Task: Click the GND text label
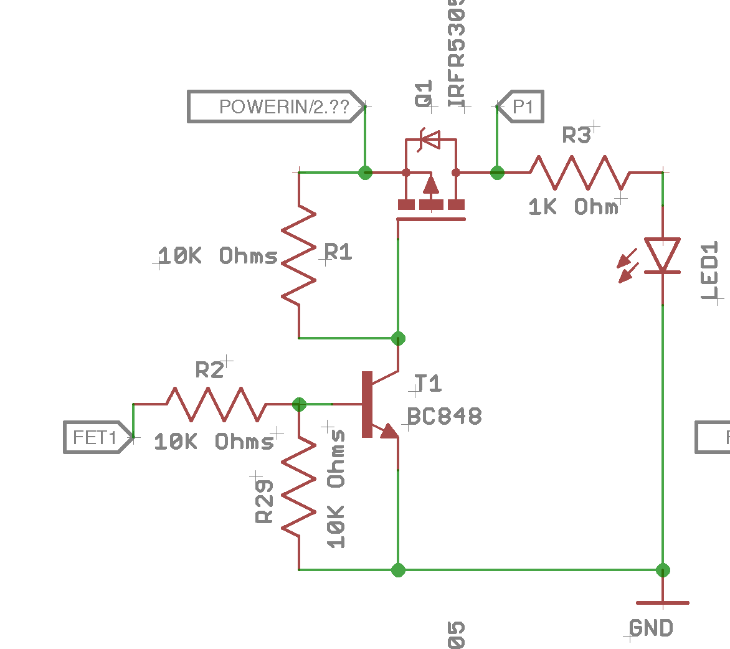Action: pyautogui.click(x=651, y=628)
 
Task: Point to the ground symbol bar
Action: pyautogui.click(x=662, y=603)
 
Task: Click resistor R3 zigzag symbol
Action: pyautogui.click(x=580, y=173)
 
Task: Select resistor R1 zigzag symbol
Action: pyautogui.click(x=299, y=255)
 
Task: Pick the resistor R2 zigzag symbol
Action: pyautogui.click(x=216, y=404)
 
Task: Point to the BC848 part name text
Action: pyautogui.click(x=445, y=416)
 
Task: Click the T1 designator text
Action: pyautogui.click(x=428, y=384)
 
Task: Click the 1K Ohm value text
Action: pyautogui.click(x=574, y=207)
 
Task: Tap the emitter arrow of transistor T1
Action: pyautogui.click(x=389, y=431)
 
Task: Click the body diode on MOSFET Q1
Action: pyautogui.click(x=430, y=140)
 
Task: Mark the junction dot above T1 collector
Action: pyautogui.click(x=398, y=338)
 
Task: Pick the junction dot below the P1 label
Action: pyautogui.click(x=497, y=173)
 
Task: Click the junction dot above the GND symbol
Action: pyautogui.click(x=662, y=569)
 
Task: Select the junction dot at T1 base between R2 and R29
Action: pyautogui.click(x=299, y=404)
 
